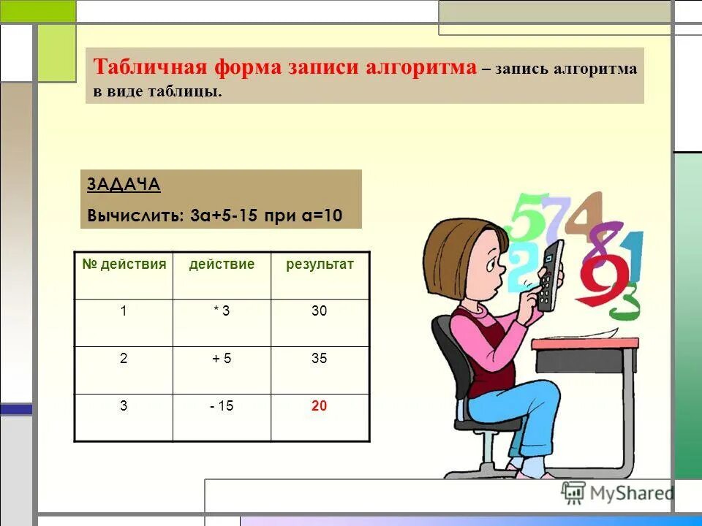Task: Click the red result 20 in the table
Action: pos(319,406)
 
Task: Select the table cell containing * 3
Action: pos(222,311)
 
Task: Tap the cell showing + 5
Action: pos(222,359)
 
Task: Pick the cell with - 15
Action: pos(222,406)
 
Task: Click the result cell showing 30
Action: pos(319,311)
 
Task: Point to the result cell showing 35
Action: pos(319,359)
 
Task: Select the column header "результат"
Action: pos(320,264)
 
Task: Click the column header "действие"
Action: pos(222,264)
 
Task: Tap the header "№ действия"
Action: pos(124,264)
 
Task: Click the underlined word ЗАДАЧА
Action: pos(124,185)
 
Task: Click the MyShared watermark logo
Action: pos(618,493)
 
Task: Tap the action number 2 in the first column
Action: pos(124,359)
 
